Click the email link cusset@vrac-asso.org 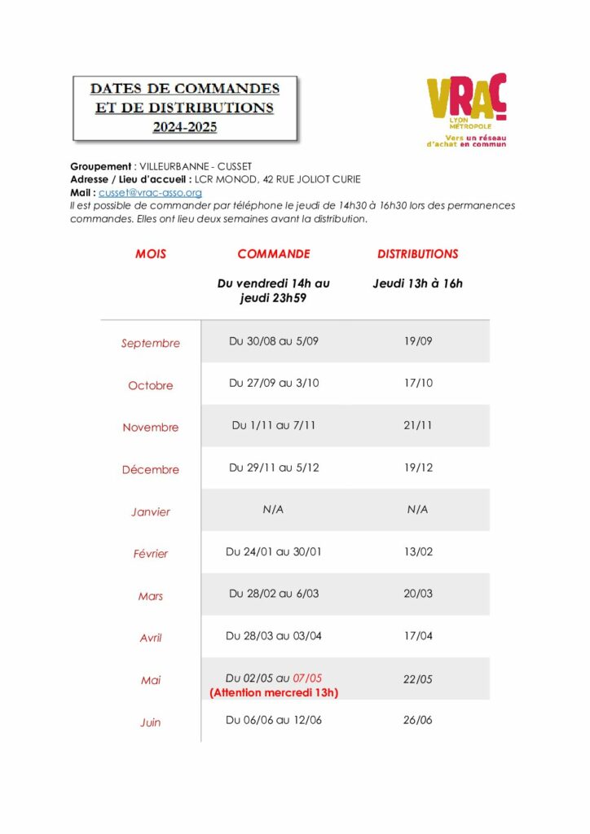(x=150, y=193)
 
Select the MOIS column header (x=151, y=254)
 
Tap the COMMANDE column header (x=274, y=254)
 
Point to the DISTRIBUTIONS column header (x=417, y=254)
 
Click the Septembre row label (x=151, y=344)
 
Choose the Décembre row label (x=151, y=470)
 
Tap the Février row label (x=151, y=554)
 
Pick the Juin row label (x=151, y=722)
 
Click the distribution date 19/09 (x=418, y=341)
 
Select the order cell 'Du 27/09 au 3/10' (x=274, y=383)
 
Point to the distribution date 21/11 (x=418, y=425)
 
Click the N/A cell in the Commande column (x=274, y=510)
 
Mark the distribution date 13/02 (x=418, y=552)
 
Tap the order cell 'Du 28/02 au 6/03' (x=274, y=594)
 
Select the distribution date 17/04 (x=418, y=636)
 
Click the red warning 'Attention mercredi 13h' (x=274, y=693)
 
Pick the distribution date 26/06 (x=418, y=720)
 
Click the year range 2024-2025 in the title (x=185, y=127)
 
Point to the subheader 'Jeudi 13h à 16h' (x=417, y=283)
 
